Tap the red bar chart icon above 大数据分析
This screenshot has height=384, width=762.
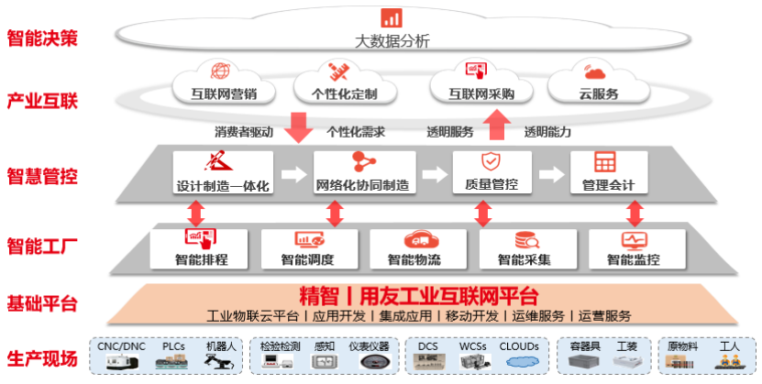coord(392,16)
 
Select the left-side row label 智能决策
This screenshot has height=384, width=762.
coord(42,39)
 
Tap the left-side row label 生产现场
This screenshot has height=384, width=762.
coord(42,358)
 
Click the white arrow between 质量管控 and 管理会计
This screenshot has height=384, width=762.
coord(551,173)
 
